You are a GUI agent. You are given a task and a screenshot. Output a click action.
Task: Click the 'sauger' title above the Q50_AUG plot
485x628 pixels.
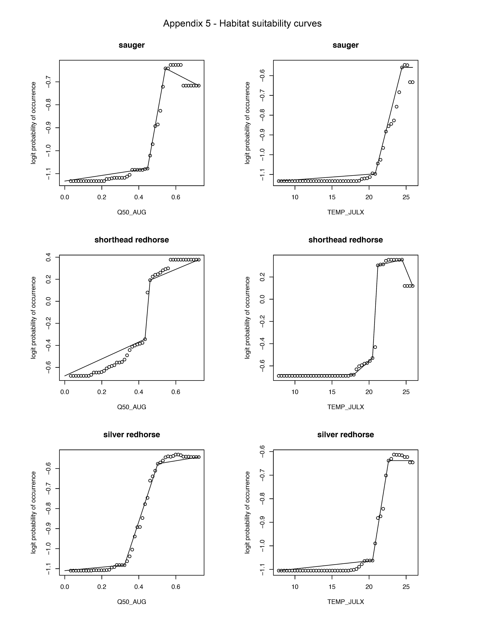pyautogui.click(x=132, y=45)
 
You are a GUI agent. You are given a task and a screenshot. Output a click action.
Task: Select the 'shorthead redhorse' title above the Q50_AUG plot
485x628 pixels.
pyautogui.click(x=132, y=240)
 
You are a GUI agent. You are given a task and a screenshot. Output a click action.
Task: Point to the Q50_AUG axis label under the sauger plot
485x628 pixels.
pyautogui.click(x=132, y=212)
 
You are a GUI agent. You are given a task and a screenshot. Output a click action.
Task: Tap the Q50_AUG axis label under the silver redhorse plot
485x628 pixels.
pyautogui.click(x=132, y=602)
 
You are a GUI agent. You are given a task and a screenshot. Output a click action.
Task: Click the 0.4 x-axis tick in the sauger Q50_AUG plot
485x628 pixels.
pyautogui.click(x=139, y=197)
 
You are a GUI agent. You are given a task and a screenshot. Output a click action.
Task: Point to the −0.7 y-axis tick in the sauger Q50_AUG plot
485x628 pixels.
pyautogui.click(x=48, y=82)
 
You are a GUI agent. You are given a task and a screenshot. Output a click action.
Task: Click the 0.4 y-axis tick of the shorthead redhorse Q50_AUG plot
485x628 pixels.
pyautogui.click(x=48, y=257)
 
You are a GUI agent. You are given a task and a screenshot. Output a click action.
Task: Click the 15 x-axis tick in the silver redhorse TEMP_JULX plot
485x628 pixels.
pyautogui.click(x=332, y=587)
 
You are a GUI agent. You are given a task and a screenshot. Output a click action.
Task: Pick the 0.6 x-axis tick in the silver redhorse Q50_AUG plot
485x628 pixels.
pyautogui.click(x=176, y=587)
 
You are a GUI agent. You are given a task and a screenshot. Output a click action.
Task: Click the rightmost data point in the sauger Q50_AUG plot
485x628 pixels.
pyautogui.click(x=199, y=86)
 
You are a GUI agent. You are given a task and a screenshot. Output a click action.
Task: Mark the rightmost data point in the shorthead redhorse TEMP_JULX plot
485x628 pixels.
pyautogui.click(x=413, y=286)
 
